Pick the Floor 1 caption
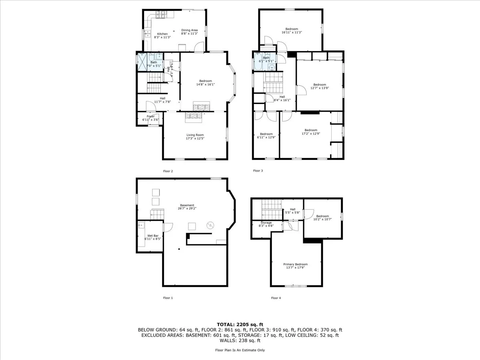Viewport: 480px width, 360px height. tap(168, 298)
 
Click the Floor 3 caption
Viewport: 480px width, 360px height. tap(258, 171)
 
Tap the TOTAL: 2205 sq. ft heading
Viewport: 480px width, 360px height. tap(240, 324)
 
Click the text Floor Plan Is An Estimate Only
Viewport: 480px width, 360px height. tap(240, 350)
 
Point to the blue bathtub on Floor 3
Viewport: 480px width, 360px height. tap(257, 62)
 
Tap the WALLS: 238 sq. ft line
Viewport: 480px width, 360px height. tap(240, 340)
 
